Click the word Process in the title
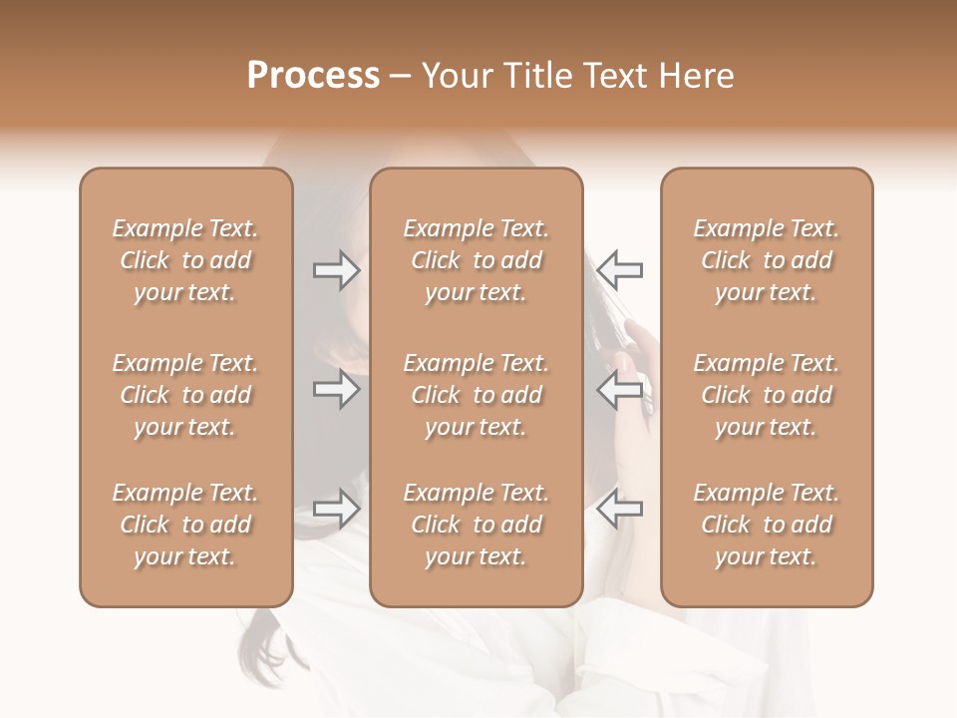click(313, 76)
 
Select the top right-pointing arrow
click(336, 269)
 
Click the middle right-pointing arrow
click(336, 389)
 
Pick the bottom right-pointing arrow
click(336, 509)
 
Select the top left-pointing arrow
click(620, 269)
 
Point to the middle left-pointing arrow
click(620, 389)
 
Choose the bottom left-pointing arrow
click(620, 509)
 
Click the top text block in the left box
click(185, 260)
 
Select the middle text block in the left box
click(185, 395)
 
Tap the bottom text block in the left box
click(185, 525)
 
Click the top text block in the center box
click(476, 260)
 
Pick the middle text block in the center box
click(476, 395)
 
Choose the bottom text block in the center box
click(476, 525)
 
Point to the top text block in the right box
click(767, 260)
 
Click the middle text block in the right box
click(767, 395)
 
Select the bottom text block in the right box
click(767, 525)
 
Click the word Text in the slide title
click(615, 76)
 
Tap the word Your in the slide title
click(457, 76)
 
